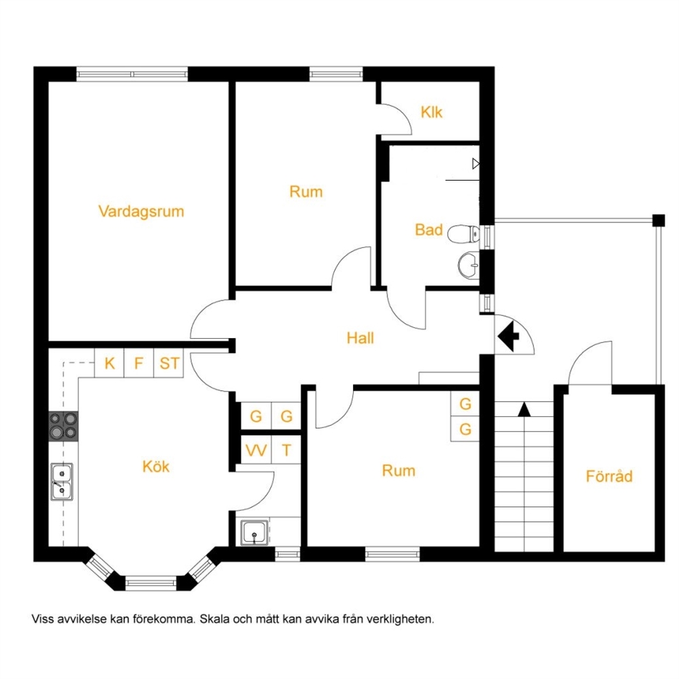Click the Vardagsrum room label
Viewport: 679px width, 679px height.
[141, 212]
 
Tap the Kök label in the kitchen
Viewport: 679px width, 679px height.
[156, 466]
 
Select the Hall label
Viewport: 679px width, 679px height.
[360, 337]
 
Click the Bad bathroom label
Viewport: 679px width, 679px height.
[428, 229]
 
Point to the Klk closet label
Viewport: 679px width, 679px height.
[431, 112]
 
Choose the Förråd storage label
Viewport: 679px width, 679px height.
[609, 476]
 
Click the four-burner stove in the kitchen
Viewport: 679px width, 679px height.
[63, 426]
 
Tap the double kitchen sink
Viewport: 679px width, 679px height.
[62, 482]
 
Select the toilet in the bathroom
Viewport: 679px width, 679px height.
[463, 234]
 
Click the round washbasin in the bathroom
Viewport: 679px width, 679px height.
[468, 265]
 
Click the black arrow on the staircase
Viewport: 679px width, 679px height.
[524, 409]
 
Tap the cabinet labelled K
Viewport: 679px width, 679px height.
[110, 363]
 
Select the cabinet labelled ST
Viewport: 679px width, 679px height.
[169, 363]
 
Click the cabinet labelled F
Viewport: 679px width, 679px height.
[139, 363]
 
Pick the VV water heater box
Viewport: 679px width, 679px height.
[256, 450]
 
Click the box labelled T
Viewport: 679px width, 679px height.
[286, 450]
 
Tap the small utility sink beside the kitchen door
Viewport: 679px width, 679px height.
[254, 533]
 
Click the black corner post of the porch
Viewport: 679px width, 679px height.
[658, 220]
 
